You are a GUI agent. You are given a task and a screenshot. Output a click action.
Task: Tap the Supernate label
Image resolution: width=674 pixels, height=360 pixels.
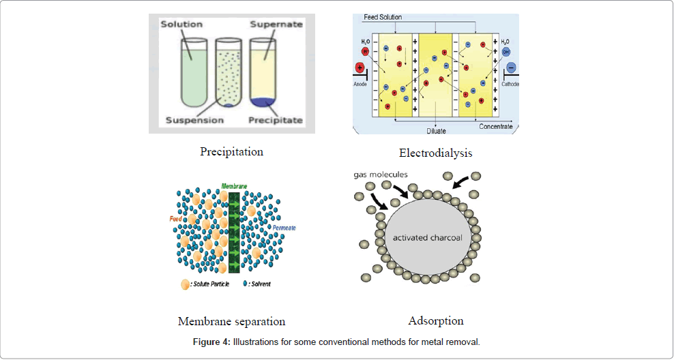click(275, 25)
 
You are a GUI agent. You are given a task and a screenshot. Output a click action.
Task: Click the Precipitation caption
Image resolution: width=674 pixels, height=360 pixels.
click(231, 151)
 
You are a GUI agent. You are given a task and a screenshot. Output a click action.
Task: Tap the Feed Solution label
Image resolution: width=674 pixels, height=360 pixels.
click(383, 17)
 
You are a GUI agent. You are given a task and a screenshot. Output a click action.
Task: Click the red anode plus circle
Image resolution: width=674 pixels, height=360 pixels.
click(360, 68)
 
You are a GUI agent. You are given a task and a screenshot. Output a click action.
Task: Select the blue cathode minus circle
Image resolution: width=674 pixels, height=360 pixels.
click(511, 67)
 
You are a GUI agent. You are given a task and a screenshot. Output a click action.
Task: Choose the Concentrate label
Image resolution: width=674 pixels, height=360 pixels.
click(495, 127)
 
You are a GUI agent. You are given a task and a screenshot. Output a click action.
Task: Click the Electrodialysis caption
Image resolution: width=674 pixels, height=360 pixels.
click(435, 153)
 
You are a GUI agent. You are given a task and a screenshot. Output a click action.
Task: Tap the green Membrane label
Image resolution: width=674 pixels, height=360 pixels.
click(235, 185)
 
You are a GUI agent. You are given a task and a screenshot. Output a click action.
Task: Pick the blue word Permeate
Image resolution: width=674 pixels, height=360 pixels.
click(284, 227)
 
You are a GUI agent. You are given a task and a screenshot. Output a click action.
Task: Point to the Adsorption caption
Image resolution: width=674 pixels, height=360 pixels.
click(436, 320)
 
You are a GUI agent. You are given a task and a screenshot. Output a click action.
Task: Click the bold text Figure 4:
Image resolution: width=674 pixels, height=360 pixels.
click(211, 342)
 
